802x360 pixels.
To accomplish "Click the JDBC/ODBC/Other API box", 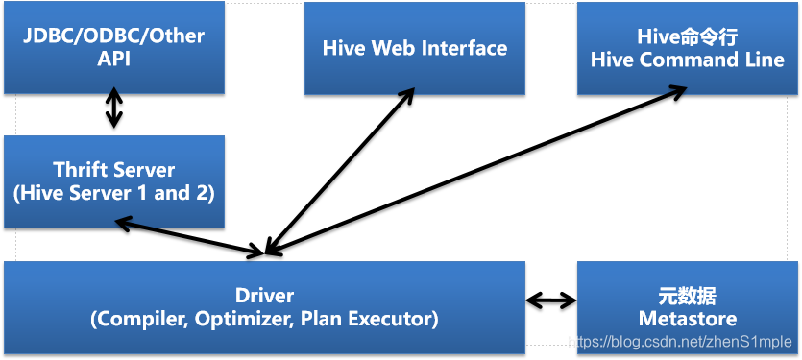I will pyautogui.click(x=113, y=47).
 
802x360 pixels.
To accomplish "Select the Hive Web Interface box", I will pyautogui.click(x=415, y=48).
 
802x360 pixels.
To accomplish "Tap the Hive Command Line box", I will pyautogui.click(x=687, y=48).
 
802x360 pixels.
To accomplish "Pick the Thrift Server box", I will pyautogui.click(x=113, y=180).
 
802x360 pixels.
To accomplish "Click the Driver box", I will pyautogui.click(x=264, y=306).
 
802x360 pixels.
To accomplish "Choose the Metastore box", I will pyautogui.click(x=687, y=306).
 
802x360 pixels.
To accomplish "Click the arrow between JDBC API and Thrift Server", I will pyautogui.click(x=114, y=109).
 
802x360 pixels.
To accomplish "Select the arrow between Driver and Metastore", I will pyautogui.click(x=551, y=301).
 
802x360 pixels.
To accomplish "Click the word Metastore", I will pyautogui.click(x=687, y=319).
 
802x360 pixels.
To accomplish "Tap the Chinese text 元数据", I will pyautogui.click(x=687, y=295).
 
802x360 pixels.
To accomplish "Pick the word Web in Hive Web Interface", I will pyautogui.click(x=390, y=48).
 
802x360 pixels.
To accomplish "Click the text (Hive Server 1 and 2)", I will pyautogui.click(x=113, y=192).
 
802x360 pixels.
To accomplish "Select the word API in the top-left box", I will pyautogui.click(x=113, y=59).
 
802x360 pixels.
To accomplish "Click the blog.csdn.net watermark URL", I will pyautogui.click(x=681, y=341).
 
